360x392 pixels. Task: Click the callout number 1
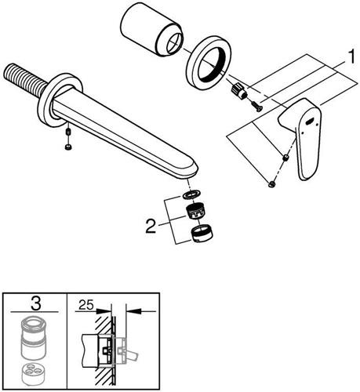[351, 56]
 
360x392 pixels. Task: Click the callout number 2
[151, 226]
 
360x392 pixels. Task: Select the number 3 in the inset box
[36, 304]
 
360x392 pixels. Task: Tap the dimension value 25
[86, 304]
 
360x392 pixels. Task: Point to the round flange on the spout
[60, 100]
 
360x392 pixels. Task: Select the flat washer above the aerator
[192, 194]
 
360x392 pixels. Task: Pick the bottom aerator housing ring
[202, 234]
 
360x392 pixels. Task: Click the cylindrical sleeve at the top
[152, 29]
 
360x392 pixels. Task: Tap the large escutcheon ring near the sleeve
[209, 63]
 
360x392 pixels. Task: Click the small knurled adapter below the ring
[238, 91]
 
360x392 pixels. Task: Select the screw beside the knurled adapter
[256, 107]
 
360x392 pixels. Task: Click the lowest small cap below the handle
[272, 185]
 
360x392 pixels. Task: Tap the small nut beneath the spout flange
[68, 147]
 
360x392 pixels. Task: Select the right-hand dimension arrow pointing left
[141, 311]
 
